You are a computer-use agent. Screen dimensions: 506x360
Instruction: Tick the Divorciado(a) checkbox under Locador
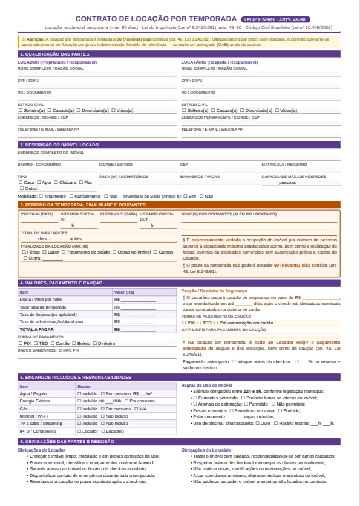[79, 111]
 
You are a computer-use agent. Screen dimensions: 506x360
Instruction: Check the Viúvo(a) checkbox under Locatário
[278, 111]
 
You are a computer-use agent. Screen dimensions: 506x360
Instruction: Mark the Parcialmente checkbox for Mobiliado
[71, 196]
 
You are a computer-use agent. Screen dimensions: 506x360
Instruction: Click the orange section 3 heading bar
[180, 205]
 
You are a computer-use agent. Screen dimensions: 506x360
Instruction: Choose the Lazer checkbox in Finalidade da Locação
[44, 252]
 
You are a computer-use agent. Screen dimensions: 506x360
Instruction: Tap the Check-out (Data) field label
[118, 214]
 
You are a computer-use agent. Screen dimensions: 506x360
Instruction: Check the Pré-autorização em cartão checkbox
[216, 323]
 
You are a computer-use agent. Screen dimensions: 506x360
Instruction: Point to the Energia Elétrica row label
[36, 401]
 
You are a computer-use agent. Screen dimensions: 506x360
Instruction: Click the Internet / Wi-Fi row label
[34, 416]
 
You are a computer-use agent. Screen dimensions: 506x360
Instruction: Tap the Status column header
[83, 386]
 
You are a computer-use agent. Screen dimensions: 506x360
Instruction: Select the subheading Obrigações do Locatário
[206, 450]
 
